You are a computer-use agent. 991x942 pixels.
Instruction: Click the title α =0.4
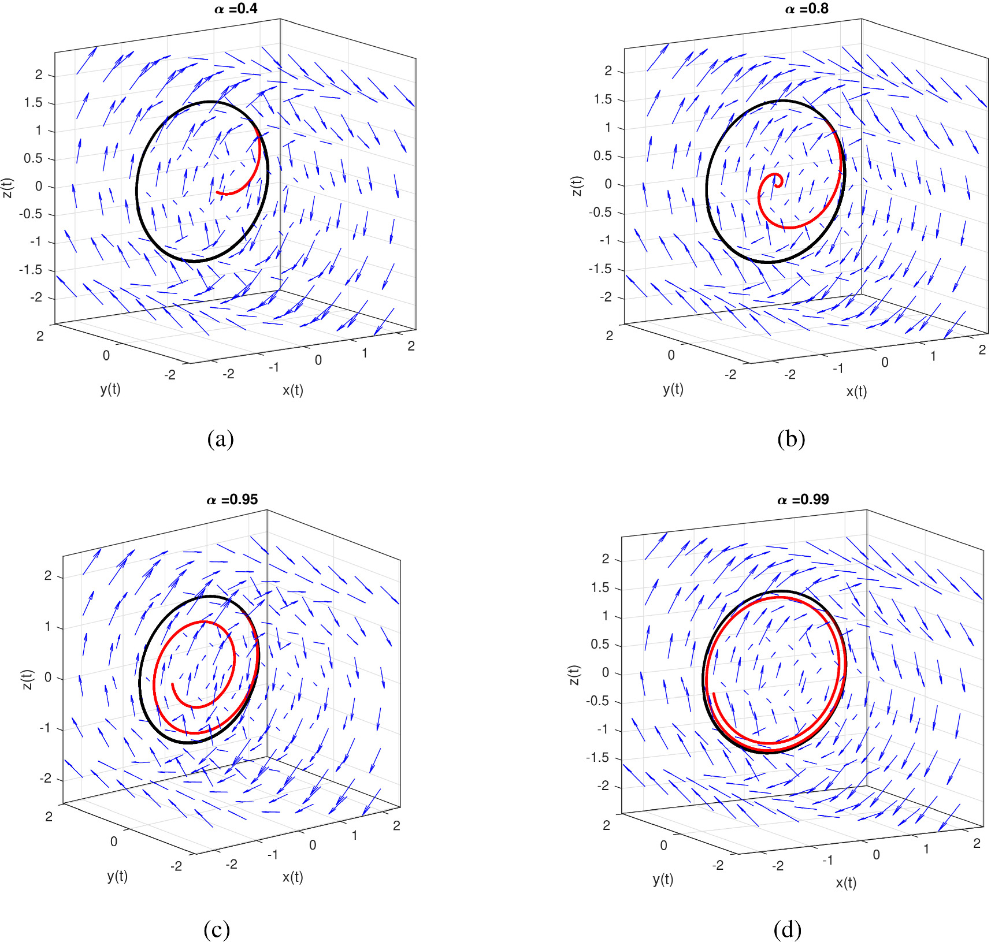[x=236, y=9]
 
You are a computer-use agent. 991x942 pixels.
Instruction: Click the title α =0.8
[x=806, y=9]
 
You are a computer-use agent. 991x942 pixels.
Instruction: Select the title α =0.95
[x=232, y=500]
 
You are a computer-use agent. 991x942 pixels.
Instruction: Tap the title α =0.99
[x=803, y=500]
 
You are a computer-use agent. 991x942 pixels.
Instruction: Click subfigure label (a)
[x=220, y=439]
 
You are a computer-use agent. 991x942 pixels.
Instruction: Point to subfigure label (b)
[x=790, y=439]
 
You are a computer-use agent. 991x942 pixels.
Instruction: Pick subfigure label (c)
[x=217, y=930]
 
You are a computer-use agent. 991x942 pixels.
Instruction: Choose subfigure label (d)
[x=787, y=930]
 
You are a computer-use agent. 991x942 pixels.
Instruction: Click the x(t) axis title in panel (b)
[x=856, y=392]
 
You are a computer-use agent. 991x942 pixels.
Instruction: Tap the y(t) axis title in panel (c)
[x=117, y=876]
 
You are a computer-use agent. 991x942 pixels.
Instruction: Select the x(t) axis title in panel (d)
[x=846, y=883]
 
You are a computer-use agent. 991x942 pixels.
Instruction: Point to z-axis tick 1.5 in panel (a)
[x=33, y=103]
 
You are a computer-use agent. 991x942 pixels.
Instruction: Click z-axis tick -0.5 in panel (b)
[x=600, y=213]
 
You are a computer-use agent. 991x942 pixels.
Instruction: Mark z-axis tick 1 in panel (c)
[x=48, y=627]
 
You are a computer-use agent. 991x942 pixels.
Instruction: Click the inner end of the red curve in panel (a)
[x=217, y=192]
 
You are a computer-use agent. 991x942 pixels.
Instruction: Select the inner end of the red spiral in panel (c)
[x=173, y=685]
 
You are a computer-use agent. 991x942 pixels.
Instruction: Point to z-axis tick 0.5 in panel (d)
[x=600, y=645]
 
